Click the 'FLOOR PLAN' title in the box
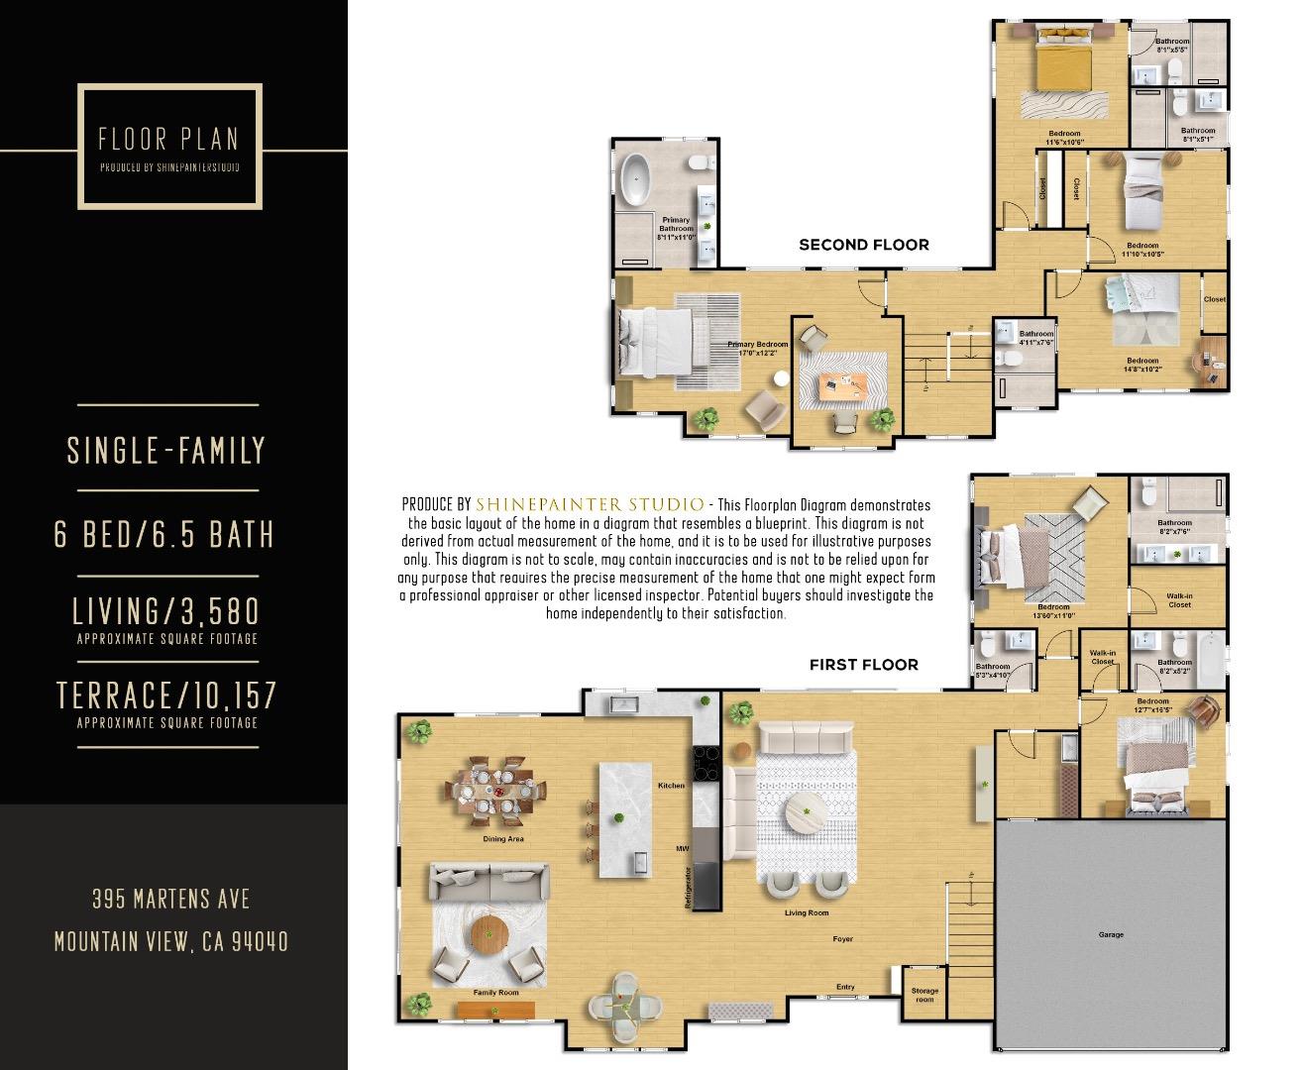click(x=168, y=140)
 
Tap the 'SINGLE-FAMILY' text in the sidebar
click(x=166, y=451)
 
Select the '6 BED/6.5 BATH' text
click(x=164, y=535)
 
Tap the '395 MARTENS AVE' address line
click(x=170, y=900)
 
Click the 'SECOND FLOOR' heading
click(x=864, y=245)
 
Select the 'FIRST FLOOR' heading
click(x=863, y=665)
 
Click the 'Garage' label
click(x=1111, y=934)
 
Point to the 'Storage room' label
click(x=924, y=995)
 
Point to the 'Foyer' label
click(x=842, y=939)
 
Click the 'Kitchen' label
click(x=671, y=786)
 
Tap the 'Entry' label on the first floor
click(x=845, y=987)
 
